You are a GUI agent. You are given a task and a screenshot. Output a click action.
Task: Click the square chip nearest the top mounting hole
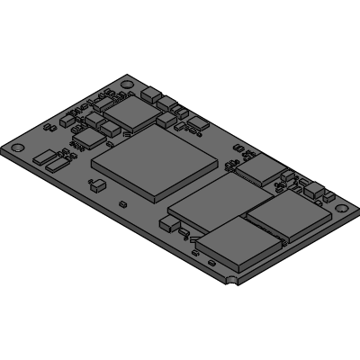(x=132, y=110)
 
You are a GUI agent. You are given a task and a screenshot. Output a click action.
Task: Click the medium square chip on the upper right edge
(x=261, y=168)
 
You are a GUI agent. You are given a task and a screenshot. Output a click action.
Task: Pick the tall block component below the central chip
(x=168, y=222)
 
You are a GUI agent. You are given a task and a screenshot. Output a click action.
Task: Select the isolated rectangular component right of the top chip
(x=194, y=130)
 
